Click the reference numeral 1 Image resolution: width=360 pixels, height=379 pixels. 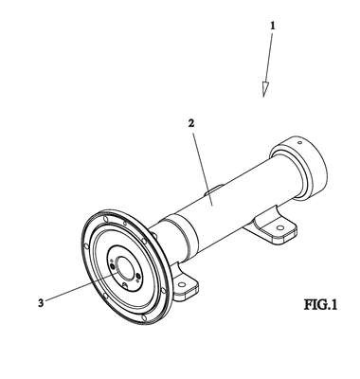click(x=273, y=26)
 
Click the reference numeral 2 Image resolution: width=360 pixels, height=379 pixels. click(x=191, y=123)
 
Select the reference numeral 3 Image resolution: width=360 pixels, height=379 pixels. click(x=41, y=303)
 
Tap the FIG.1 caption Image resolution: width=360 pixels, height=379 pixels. click(x=320, y=305)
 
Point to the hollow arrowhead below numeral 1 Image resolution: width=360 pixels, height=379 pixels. click(x=264, y=89)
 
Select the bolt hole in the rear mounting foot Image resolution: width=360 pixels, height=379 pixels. click(x=279, y=227)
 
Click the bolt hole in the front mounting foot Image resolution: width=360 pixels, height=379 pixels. click(x=181, y=284)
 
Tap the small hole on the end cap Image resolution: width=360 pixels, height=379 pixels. click(x=300, y=143)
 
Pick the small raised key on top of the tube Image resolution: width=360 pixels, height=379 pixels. click(x=215, y=189)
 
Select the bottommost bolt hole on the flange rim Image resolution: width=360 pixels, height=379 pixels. click(x=144, y=317)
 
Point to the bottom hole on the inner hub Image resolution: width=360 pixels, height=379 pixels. click(x=125, y=286)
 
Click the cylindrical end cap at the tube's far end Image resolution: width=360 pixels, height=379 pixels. click(x=300, y=169)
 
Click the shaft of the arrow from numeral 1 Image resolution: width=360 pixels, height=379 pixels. click(x=268, y=57)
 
